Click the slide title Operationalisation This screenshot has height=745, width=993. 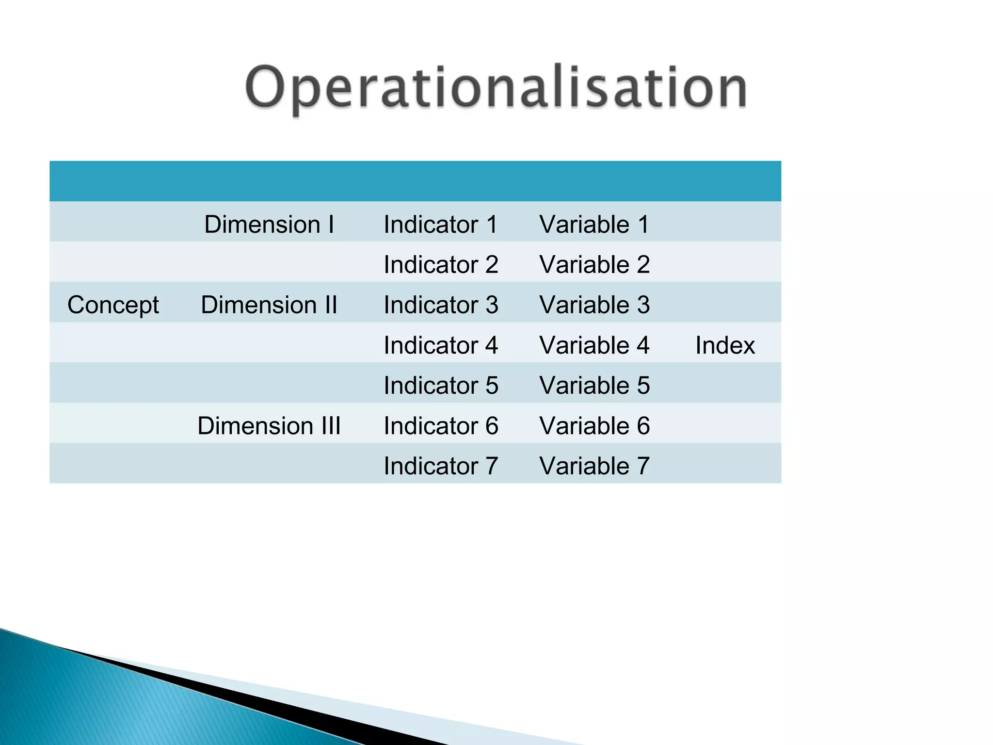pos(496,88)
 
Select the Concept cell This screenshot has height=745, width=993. pos(113,305)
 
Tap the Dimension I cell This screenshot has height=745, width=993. pos(269,225)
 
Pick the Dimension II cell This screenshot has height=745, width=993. pos(269,305)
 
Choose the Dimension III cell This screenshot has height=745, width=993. pos(269,426)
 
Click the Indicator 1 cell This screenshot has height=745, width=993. pos(441,225)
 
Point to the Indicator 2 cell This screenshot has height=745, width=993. pos(441,265)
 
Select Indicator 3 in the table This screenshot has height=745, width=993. pos(441,305)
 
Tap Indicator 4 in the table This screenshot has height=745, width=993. pos(441,345)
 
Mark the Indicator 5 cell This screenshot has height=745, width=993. pos(441,386)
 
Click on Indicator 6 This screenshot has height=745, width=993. pos(441,426)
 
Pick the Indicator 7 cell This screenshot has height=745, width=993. pos(441,466)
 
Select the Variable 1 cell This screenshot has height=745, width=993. pos(594,225)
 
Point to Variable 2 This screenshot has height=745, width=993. pos(594,265)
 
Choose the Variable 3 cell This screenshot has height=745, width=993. pos(594,305)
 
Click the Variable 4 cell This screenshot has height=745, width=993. pos(594,345)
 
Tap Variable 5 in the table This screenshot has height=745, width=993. pos(594,386)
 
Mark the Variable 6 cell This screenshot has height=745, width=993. pos(594,426)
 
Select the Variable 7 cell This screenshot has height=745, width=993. pos(594,466)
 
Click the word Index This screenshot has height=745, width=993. pos(725,345)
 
